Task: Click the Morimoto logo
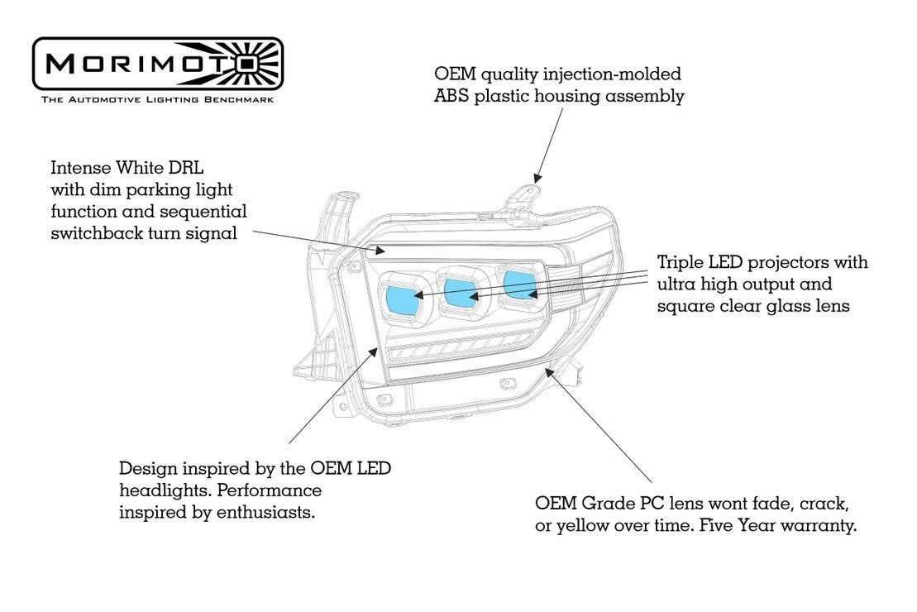coord(157,64)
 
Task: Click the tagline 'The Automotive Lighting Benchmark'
coord(157,99)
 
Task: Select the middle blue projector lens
coord(460,290)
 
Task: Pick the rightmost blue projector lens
coord(519,284)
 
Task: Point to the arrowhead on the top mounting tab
coord(537,177)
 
